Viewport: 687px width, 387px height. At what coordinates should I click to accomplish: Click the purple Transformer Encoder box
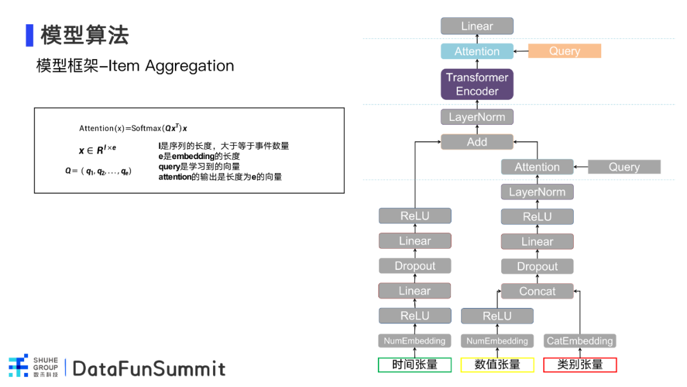(476, 84)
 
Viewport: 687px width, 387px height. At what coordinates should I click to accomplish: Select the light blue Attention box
(476, 52)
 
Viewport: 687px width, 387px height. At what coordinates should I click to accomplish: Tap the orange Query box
(564, 51)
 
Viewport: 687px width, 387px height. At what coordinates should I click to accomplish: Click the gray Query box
(624, 167)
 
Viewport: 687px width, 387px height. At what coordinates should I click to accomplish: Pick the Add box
(476, 142)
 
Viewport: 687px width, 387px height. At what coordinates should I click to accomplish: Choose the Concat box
(537, 291)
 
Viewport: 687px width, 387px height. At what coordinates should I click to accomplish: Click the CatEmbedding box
(579, 341)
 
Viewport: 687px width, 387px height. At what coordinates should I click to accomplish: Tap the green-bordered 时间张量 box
(415, 365)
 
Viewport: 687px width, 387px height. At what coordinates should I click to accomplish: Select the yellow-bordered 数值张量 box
(497, 365)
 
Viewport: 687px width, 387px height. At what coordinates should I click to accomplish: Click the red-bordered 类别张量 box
(579, 365)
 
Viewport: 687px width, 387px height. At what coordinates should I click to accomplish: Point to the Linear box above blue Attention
(476, 26)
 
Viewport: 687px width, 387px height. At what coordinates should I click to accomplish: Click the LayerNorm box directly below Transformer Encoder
(476, 117)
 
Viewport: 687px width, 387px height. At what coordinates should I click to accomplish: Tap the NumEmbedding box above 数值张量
(497, 341)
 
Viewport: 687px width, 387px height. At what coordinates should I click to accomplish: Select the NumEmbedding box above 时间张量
(415, 341)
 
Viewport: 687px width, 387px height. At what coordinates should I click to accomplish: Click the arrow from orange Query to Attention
(520, 52)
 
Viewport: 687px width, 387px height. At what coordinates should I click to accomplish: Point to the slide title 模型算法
(85, 35)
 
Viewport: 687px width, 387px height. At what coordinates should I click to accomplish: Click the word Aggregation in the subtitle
(190, 66)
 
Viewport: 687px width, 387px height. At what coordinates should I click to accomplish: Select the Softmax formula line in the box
(133, 128)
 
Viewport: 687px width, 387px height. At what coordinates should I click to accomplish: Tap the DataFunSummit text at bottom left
(149, 369)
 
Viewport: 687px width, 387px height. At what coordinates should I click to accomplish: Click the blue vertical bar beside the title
(30, 35)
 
